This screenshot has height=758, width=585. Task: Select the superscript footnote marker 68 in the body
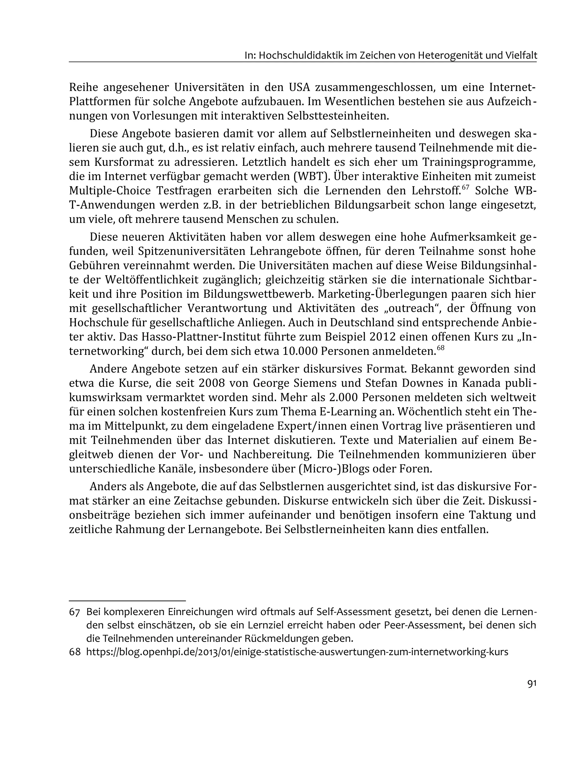pyautogui.click(x=440, y=348)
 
